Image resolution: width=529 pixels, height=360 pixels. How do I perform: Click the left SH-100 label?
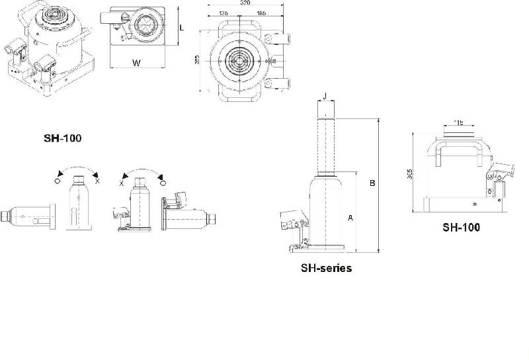point(61,138)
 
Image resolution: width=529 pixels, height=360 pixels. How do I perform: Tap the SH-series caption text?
point(325,268)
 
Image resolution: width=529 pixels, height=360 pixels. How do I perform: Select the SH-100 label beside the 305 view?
point(461,227)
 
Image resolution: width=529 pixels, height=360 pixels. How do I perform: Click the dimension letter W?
point(136,64)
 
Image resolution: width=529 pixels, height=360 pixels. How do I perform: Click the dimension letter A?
point(350,216)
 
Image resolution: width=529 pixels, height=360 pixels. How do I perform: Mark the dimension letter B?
point(372,183)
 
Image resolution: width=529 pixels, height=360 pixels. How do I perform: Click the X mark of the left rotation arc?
point(97,181)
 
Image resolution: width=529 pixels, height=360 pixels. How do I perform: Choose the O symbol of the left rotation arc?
point(58,181)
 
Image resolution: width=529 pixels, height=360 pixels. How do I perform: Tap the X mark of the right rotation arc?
point(121,181)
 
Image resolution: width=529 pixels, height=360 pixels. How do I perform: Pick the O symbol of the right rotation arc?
point(163,181)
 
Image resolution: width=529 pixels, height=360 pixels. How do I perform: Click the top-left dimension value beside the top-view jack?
point(196,62)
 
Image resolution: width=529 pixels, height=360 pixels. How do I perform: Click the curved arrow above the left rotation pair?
point(77,169)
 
